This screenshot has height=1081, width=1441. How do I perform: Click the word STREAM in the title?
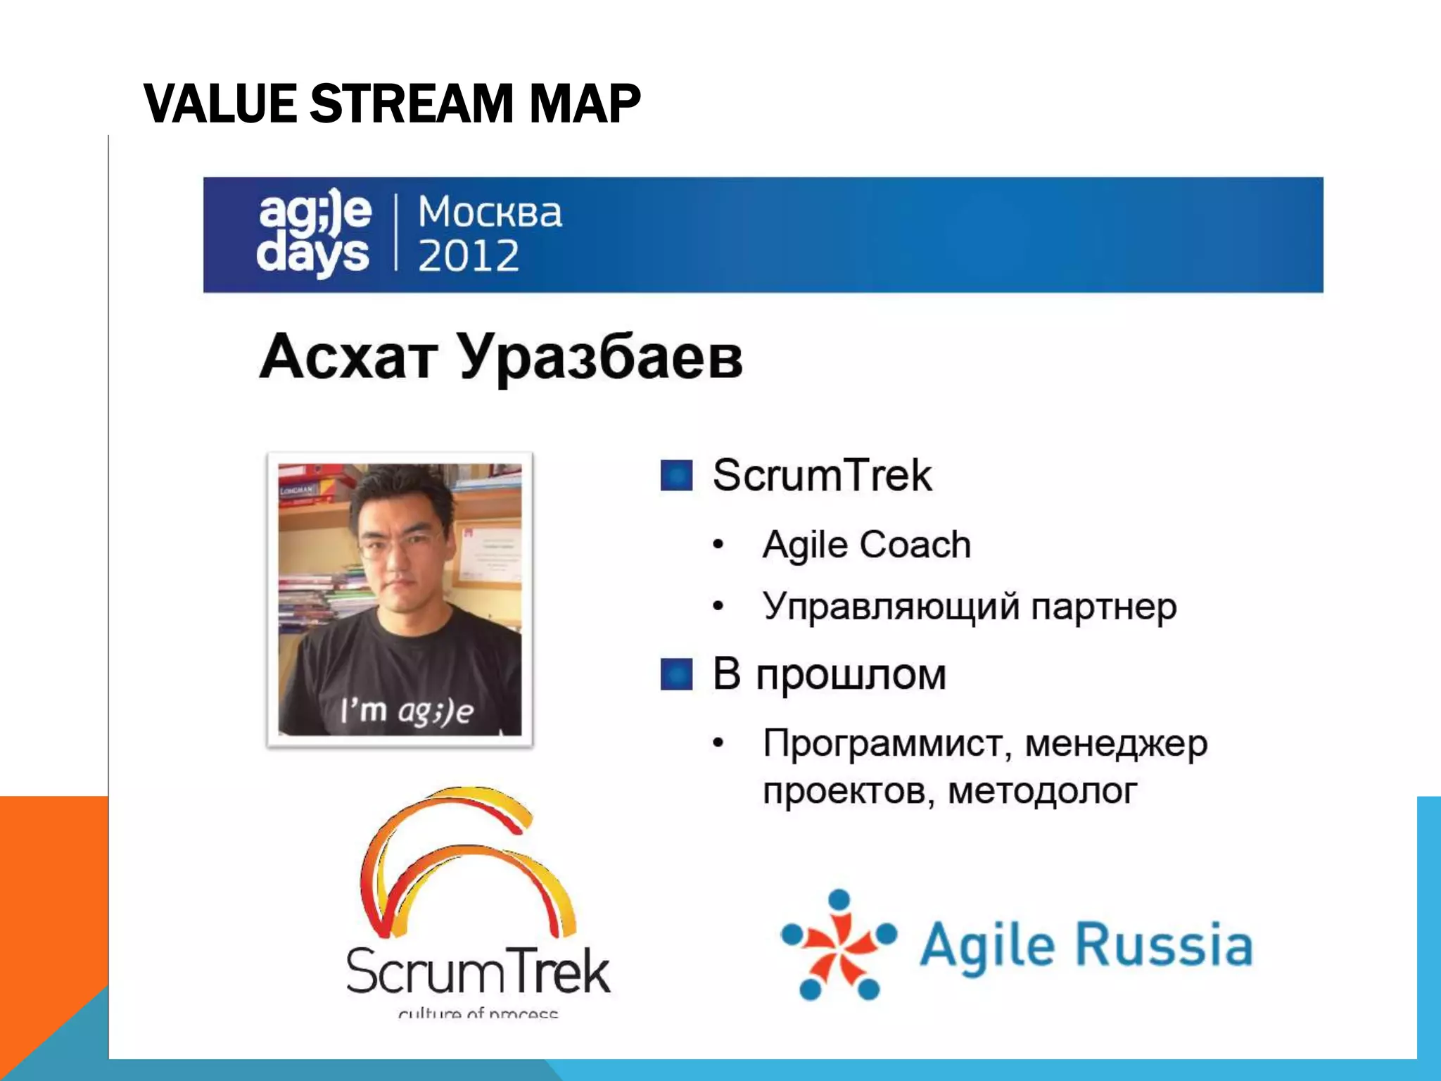click(413, 103)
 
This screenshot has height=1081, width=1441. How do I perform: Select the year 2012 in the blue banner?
click(469, 255)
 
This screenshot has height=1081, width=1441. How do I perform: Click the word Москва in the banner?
click(490, 212)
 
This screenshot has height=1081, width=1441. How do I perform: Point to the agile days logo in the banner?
click(314, 234)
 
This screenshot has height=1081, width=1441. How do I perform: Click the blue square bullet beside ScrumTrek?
click(676, 475)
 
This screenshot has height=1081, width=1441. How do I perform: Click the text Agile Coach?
click(866, 545)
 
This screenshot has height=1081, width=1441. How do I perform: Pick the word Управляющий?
click(890, 607)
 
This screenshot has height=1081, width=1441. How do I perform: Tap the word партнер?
click(1103, 607)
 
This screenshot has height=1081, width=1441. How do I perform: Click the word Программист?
click(887, 743)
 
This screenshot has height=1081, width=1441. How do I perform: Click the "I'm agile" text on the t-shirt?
click(407, 711)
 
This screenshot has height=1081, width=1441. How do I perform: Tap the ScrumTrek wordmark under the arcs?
click(478, 972)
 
